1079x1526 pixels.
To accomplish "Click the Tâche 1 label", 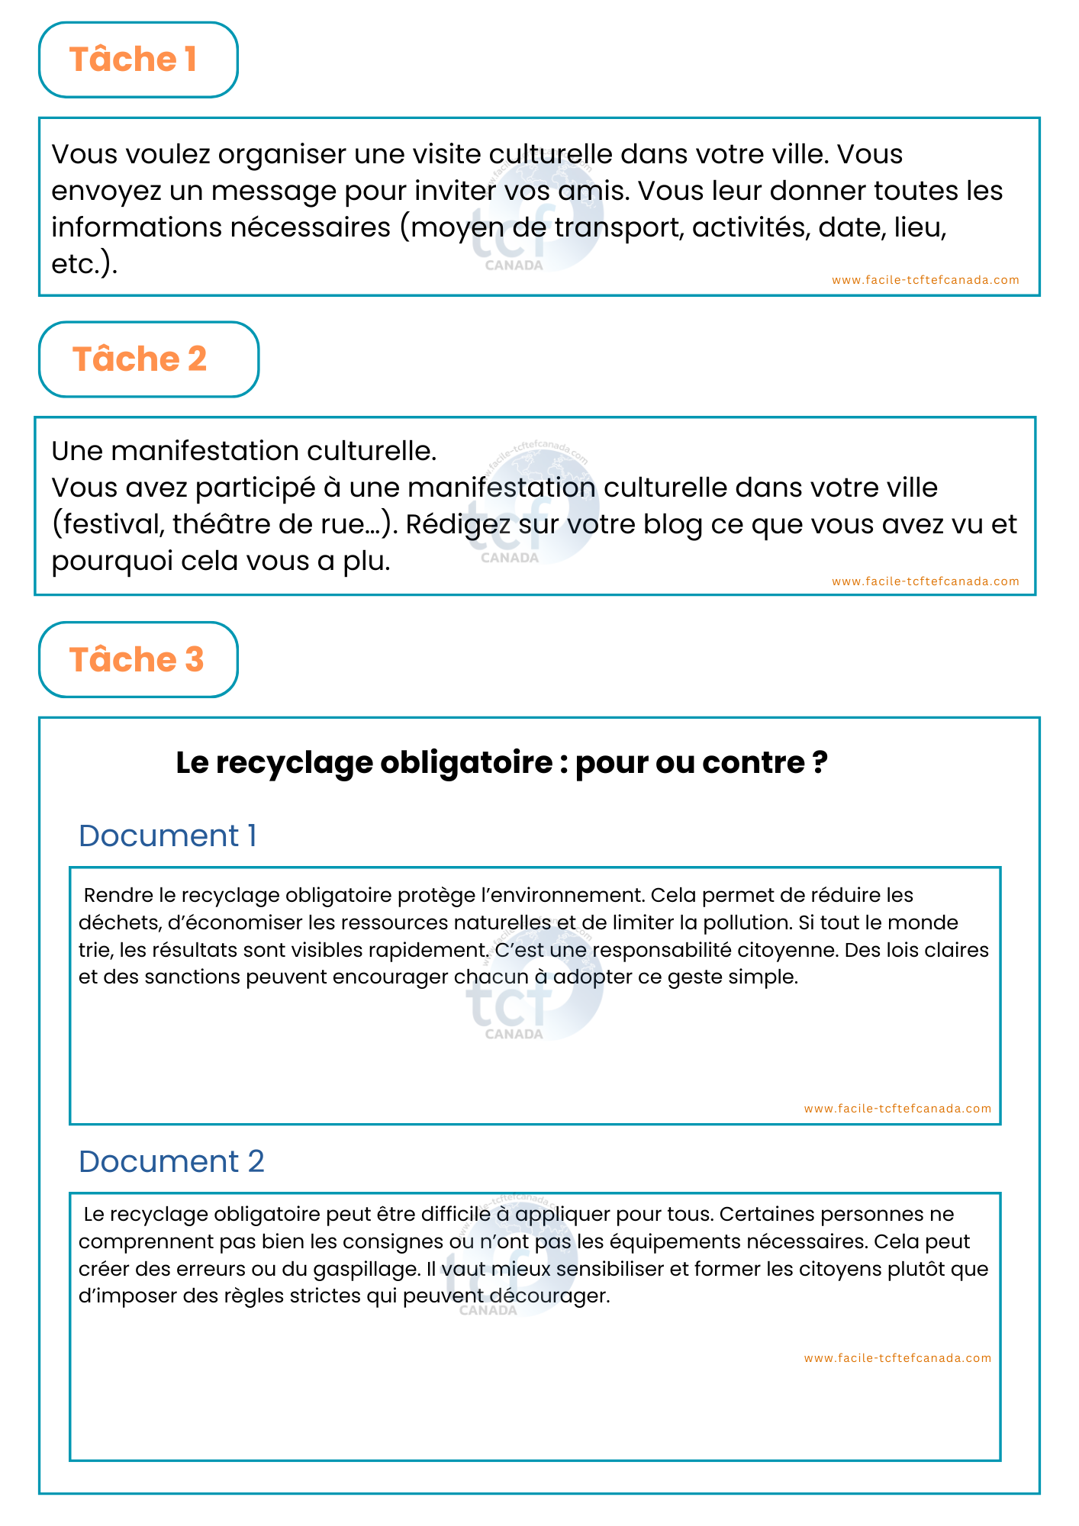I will point(134,60).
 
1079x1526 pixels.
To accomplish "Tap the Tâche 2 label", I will point(140,359).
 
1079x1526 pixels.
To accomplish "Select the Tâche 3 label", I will point(137,659).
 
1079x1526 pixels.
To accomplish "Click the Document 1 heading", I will point(167,835).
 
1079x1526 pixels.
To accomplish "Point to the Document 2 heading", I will point(171,1161).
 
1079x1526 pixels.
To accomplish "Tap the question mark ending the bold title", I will point(820,762).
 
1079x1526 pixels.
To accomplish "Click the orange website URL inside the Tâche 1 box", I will point(925,280).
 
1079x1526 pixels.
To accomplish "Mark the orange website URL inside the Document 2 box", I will point(897,1358).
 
